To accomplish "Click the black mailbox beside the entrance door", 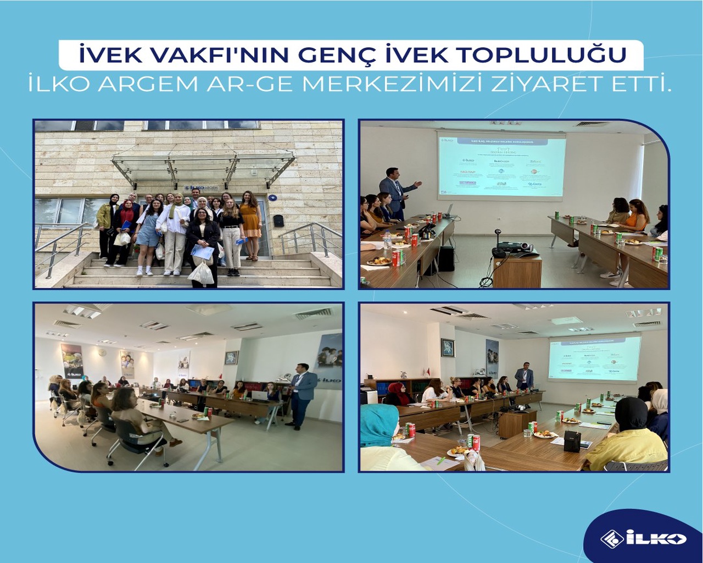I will point(278,220).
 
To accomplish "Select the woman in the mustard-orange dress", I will point(250,223).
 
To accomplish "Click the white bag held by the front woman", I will point(202,273).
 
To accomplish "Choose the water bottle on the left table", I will point(388,240).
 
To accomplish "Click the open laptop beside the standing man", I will point(260,395).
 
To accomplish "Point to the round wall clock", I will point(231,358).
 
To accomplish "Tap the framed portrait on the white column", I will point(448,347).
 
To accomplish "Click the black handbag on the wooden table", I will point(572,441).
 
